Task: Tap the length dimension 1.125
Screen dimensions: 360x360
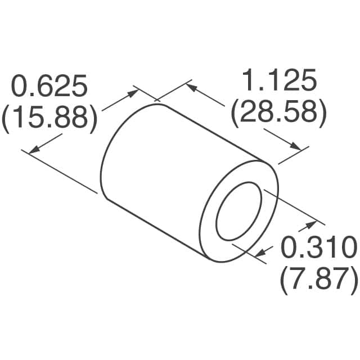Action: click(x=279, y=82)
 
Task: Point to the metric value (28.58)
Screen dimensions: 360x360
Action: click(x=279, y=112)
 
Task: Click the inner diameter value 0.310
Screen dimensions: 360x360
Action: click(x=318, y=247)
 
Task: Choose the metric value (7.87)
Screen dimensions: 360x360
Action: click(x=318, y=278)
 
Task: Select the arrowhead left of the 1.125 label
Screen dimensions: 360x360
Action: click(x=191, y=87)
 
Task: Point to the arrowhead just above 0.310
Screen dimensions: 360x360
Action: click(x=310, y=226)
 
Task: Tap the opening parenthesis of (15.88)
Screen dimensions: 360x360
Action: click(x=7, y=119)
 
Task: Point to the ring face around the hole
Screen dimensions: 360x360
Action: click(x=211, y=236)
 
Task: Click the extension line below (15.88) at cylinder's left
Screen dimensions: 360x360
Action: click(x=62, y=172)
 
